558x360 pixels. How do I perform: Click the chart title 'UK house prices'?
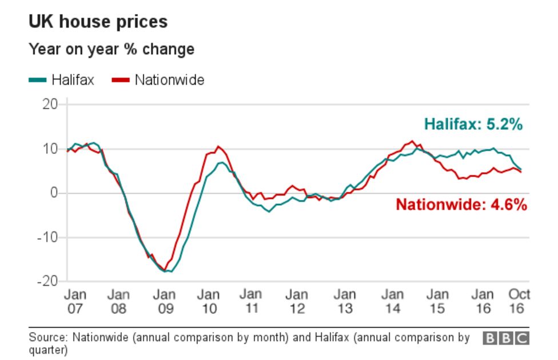click(x=98, y=22)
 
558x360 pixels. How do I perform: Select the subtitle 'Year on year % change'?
click(x=111, y=50)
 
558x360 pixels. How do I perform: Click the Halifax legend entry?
click(x=61, y=80)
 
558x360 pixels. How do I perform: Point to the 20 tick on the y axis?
click(x=50, y=104)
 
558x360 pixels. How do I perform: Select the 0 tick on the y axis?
click(x=54, y=193)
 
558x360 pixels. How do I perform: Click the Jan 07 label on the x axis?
click(x=75, y=301)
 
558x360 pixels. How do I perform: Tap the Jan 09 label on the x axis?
click(x=165, y=301)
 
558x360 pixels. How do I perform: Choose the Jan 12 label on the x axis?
click(x=297, y=301)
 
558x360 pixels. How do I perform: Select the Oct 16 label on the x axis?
click(x=519, y=301)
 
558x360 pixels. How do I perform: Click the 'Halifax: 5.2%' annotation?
click(x=473, y=125)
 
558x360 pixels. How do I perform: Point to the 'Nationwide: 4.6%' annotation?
click(x=461, y=205)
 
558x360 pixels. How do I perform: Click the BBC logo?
click(x=506, y=338)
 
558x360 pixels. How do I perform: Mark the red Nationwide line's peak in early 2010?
click(x=218, y=146)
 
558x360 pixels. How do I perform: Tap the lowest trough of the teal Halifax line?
click(x=170, y=271)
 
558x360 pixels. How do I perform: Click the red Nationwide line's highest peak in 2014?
click(x=412, y=141)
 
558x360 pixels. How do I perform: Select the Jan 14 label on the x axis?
click(x=392, y=301)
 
